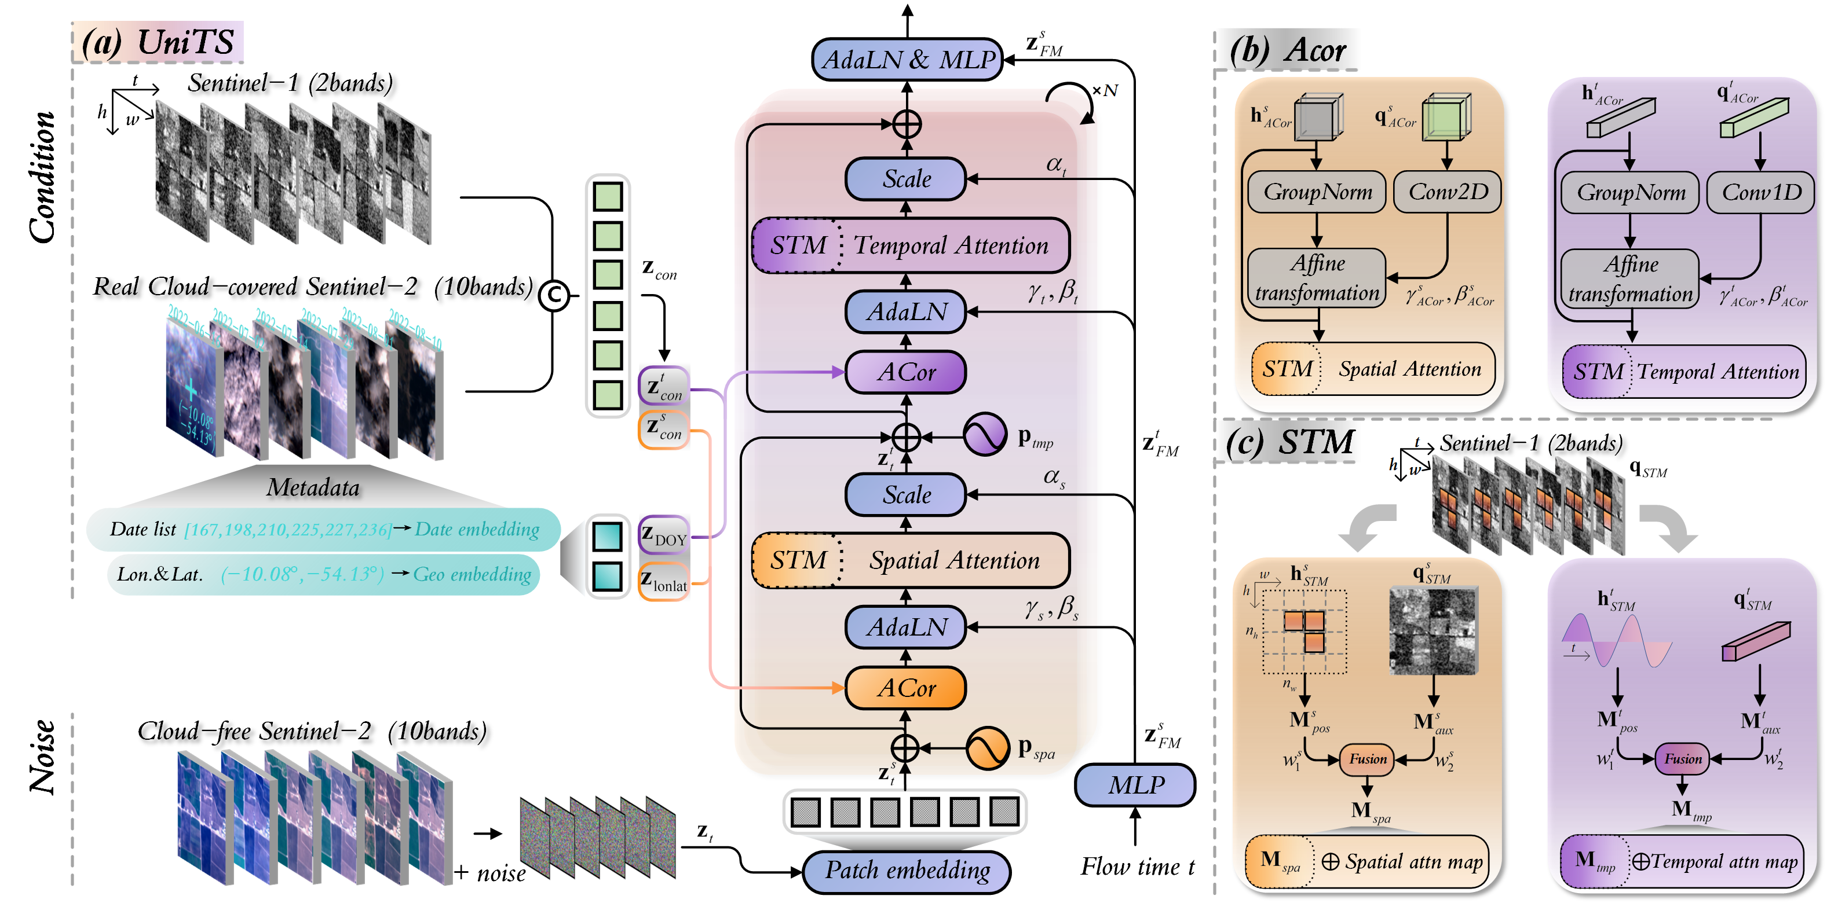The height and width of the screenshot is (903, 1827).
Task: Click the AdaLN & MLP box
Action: [907, 60]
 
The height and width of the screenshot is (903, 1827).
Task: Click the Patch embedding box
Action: [907, 871]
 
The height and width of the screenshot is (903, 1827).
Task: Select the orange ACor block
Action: [906, 688]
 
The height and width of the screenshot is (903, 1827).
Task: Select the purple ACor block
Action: [906, 372]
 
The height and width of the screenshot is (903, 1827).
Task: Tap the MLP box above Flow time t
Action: [1135, 785]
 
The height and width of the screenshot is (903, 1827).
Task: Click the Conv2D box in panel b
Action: [1448, 192]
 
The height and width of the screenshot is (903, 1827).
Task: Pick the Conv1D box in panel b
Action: [1761, 193]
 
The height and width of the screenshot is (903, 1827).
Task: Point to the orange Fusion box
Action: [1368, 759]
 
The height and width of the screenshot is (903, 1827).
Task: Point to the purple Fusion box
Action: [1682, 759]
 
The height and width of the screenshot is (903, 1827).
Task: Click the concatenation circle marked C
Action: [554, 296]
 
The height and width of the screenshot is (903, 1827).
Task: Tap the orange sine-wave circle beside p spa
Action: [987, 748]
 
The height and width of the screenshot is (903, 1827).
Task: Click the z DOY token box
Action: [664, 535]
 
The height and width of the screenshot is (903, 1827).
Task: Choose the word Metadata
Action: [313, 487]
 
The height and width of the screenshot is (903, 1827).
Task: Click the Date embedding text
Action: [477, 530]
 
